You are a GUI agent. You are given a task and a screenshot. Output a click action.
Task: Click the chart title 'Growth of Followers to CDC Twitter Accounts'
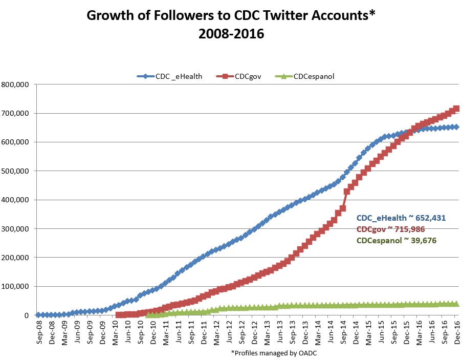point(231,15)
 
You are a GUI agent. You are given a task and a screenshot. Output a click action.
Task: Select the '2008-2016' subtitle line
point(231,34)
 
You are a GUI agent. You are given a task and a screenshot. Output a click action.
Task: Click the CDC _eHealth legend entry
point(169,76)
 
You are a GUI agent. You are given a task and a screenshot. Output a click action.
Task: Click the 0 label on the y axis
point(29,315)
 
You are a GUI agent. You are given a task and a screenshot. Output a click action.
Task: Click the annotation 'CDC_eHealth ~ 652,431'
point(401,218)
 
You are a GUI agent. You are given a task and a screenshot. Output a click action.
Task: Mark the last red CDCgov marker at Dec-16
point(456,109)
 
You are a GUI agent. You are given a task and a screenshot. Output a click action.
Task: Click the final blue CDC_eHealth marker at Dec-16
point(456,127)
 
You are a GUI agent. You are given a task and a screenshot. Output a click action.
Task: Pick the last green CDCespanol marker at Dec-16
point(456,304)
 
